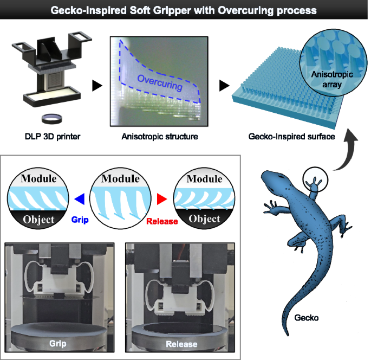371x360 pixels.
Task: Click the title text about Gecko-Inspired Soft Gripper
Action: coord(185,10)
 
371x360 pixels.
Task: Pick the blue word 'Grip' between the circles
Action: coord(79,221)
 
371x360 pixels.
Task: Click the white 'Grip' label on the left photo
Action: coord(57,343)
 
